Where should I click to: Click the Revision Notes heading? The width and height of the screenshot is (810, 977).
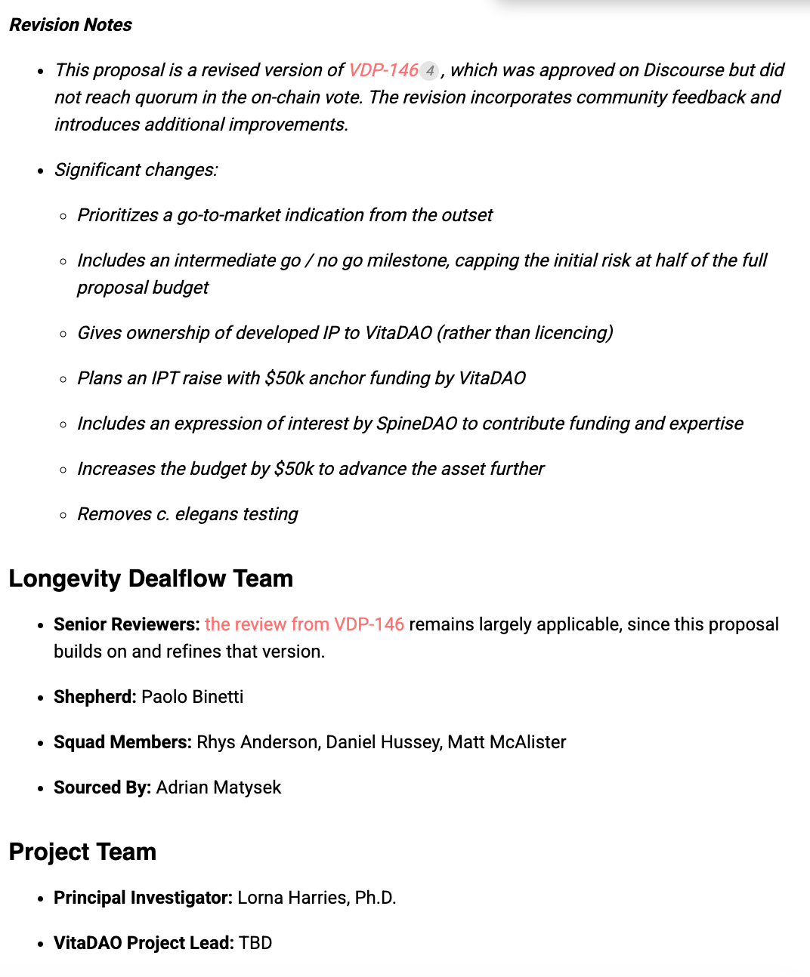[x=70, y=25]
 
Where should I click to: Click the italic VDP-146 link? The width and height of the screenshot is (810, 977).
[x=383, y=70]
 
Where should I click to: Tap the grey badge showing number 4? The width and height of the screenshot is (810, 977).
[x=429, y=71]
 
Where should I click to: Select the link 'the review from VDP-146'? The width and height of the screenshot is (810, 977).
[x=304, y=624]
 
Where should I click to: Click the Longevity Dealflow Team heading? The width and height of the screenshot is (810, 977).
[x=150, y=578]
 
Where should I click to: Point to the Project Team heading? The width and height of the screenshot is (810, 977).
[x=82, y=852]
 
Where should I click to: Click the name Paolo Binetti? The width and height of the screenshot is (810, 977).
[x=192, y=697]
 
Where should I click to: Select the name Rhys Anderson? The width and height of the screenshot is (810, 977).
[x=257, y=742]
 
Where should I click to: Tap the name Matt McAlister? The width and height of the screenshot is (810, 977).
[x=506, y=742]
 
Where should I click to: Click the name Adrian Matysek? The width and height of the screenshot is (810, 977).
[x=218, y=787]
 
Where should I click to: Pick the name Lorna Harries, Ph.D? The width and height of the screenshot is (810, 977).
[x=317, y=898]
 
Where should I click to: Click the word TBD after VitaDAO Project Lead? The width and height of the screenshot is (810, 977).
[x=255, y=943]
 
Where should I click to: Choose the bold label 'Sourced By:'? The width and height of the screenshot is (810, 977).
[x=102, y=787]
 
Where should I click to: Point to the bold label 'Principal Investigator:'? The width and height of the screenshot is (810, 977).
[x=143, y=898]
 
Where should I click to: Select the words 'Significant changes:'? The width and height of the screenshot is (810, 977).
[x=136, y=170]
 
